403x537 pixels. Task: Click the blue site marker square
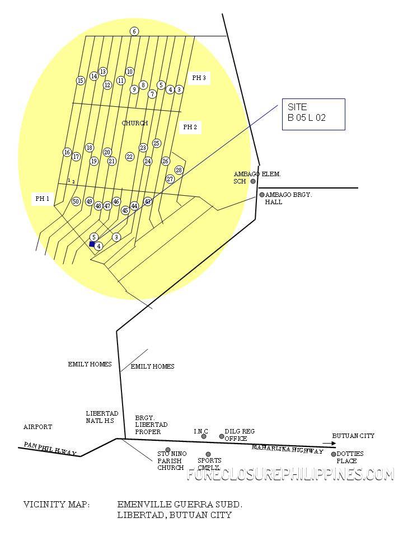pos(92,244)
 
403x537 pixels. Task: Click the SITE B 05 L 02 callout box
pos(313,114)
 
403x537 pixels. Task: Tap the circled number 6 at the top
pos(134,31)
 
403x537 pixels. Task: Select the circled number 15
pos(81,81)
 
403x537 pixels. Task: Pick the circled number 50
pos(76,201)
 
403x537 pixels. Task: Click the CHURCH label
pos(135,123)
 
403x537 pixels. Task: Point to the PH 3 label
pos(199,78)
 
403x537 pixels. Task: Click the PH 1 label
pos(43,199)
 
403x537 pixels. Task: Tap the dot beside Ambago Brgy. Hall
pos(261,195)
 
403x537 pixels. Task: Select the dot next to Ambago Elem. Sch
pos(253,181)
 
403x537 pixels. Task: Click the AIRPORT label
pos(38,427)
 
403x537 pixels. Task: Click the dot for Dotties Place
pos(334,454)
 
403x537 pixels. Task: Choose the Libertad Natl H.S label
pos(101,417)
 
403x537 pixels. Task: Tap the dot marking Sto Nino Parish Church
pos(168,450)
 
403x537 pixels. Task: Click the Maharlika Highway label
pos(287,449)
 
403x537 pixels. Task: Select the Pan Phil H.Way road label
pos(49,449)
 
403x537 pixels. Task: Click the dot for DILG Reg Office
pos(222,436)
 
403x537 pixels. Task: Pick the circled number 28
pos(179,170)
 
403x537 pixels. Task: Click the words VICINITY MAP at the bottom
pos(57,504)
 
